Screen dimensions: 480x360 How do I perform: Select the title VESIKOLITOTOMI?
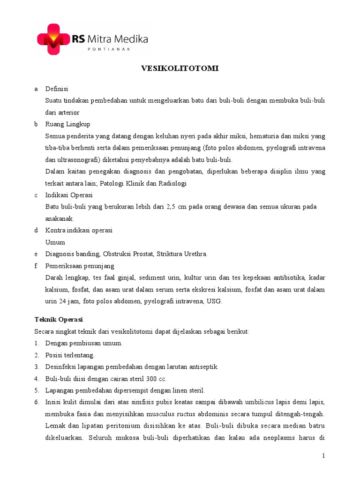(180, 68)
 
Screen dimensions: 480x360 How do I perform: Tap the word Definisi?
(57, 89)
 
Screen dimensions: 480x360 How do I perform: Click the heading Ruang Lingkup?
(67, 124)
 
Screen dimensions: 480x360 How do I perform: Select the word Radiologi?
(172, 183)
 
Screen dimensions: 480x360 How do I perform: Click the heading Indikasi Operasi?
(69, 195)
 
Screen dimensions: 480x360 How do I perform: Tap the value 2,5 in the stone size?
(172, 207)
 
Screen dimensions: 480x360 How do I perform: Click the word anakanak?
(60, 219)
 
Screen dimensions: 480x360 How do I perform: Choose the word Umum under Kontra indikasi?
(55, 242)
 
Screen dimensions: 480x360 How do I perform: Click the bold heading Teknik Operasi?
(59, 319)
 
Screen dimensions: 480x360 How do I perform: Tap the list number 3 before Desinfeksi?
(37, 367)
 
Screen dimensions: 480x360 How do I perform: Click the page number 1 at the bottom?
(323, 456)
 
